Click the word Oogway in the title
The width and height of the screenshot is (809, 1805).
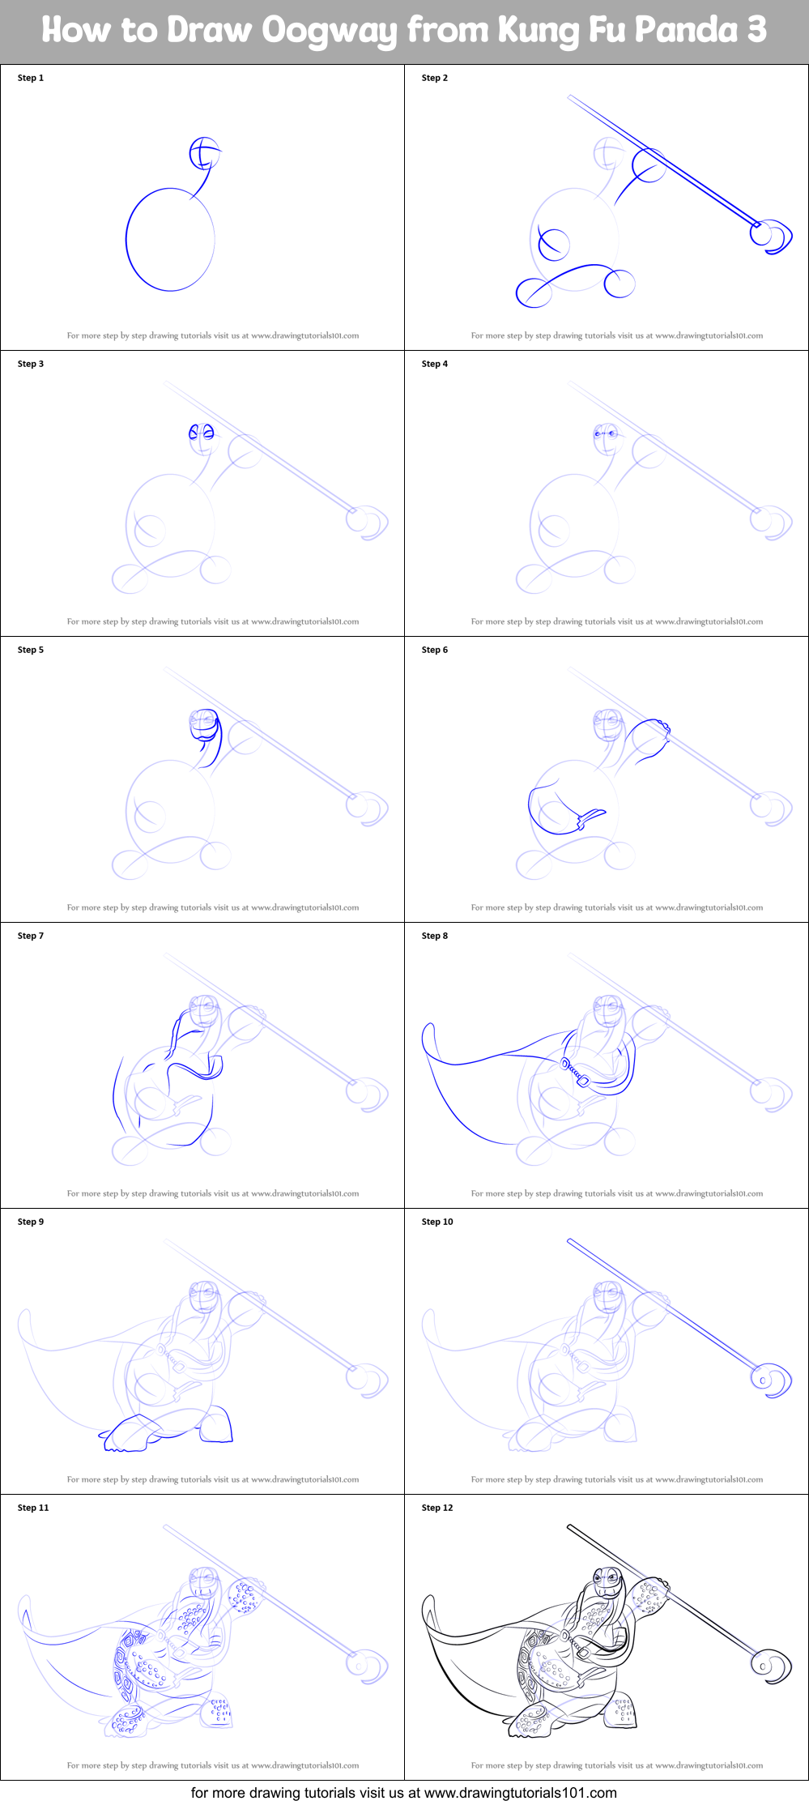330,31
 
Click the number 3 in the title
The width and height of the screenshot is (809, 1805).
756,30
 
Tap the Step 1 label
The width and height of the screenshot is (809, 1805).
31,78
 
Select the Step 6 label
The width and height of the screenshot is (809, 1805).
434,650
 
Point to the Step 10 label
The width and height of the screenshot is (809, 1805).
436,1222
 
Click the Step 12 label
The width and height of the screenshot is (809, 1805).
436,1508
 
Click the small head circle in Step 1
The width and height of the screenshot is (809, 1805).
205,152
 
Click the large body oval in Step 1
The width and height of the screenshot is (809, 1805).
170,239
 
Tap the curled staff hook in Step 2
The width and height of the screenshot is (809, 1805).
773,236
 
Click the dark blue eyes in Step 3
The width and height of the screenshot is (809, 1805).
202,433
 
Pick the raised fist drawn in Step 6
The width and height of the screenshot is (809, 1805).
652,733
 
